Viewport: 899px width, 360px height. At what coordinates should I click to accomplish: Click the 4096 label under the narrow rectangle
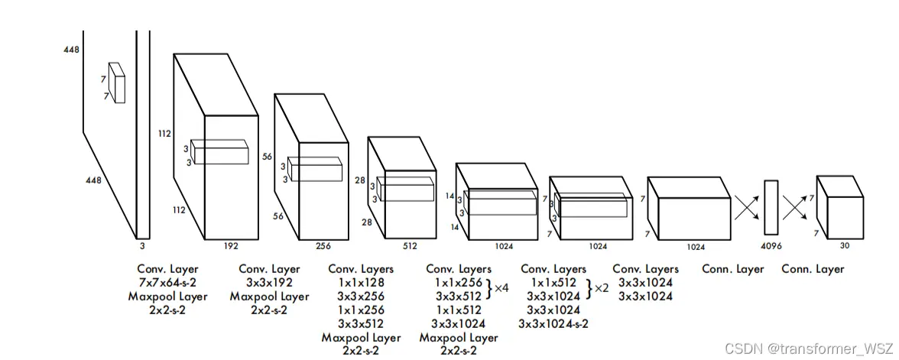tap(771, 247)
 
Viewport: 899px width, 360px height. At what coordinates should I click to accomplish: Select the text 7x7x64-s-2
tap(167, 283)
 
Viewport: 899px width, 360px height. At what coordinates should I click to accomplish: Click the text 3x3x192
tap(269, 283)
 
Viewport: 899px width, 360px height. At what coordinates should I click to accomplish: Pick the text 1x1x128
tap(361, 283)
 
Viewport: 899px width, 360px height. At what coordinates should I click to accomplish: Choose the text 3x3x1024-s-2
tap(553, 323)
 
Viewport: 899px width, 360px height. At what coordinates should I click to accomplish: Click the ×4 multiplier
tap(501, 289)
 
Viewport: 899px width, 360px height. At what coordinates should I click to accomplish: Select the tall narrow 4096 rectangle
tap(771, 206)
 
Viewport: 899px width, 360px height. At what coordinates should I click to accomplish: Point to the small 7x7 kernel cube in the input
tap(116, 82)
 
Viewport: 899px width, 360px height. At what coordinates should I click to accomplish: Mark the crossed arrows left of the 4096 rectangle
tap(746, 206)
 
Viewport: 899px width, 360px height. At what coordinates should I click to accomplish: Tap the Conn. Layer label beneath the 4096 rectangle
tap(732, 269)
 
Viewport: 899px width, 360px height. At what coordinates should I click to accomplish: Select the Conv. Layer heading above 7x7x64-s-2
tap(167, 269)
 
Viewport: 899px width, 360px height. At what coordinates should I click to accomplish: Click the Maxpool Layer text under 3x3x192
tap(269, 296)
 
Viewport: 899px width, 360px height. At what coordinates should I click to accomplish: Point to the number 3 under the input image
tap(141, 247)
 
